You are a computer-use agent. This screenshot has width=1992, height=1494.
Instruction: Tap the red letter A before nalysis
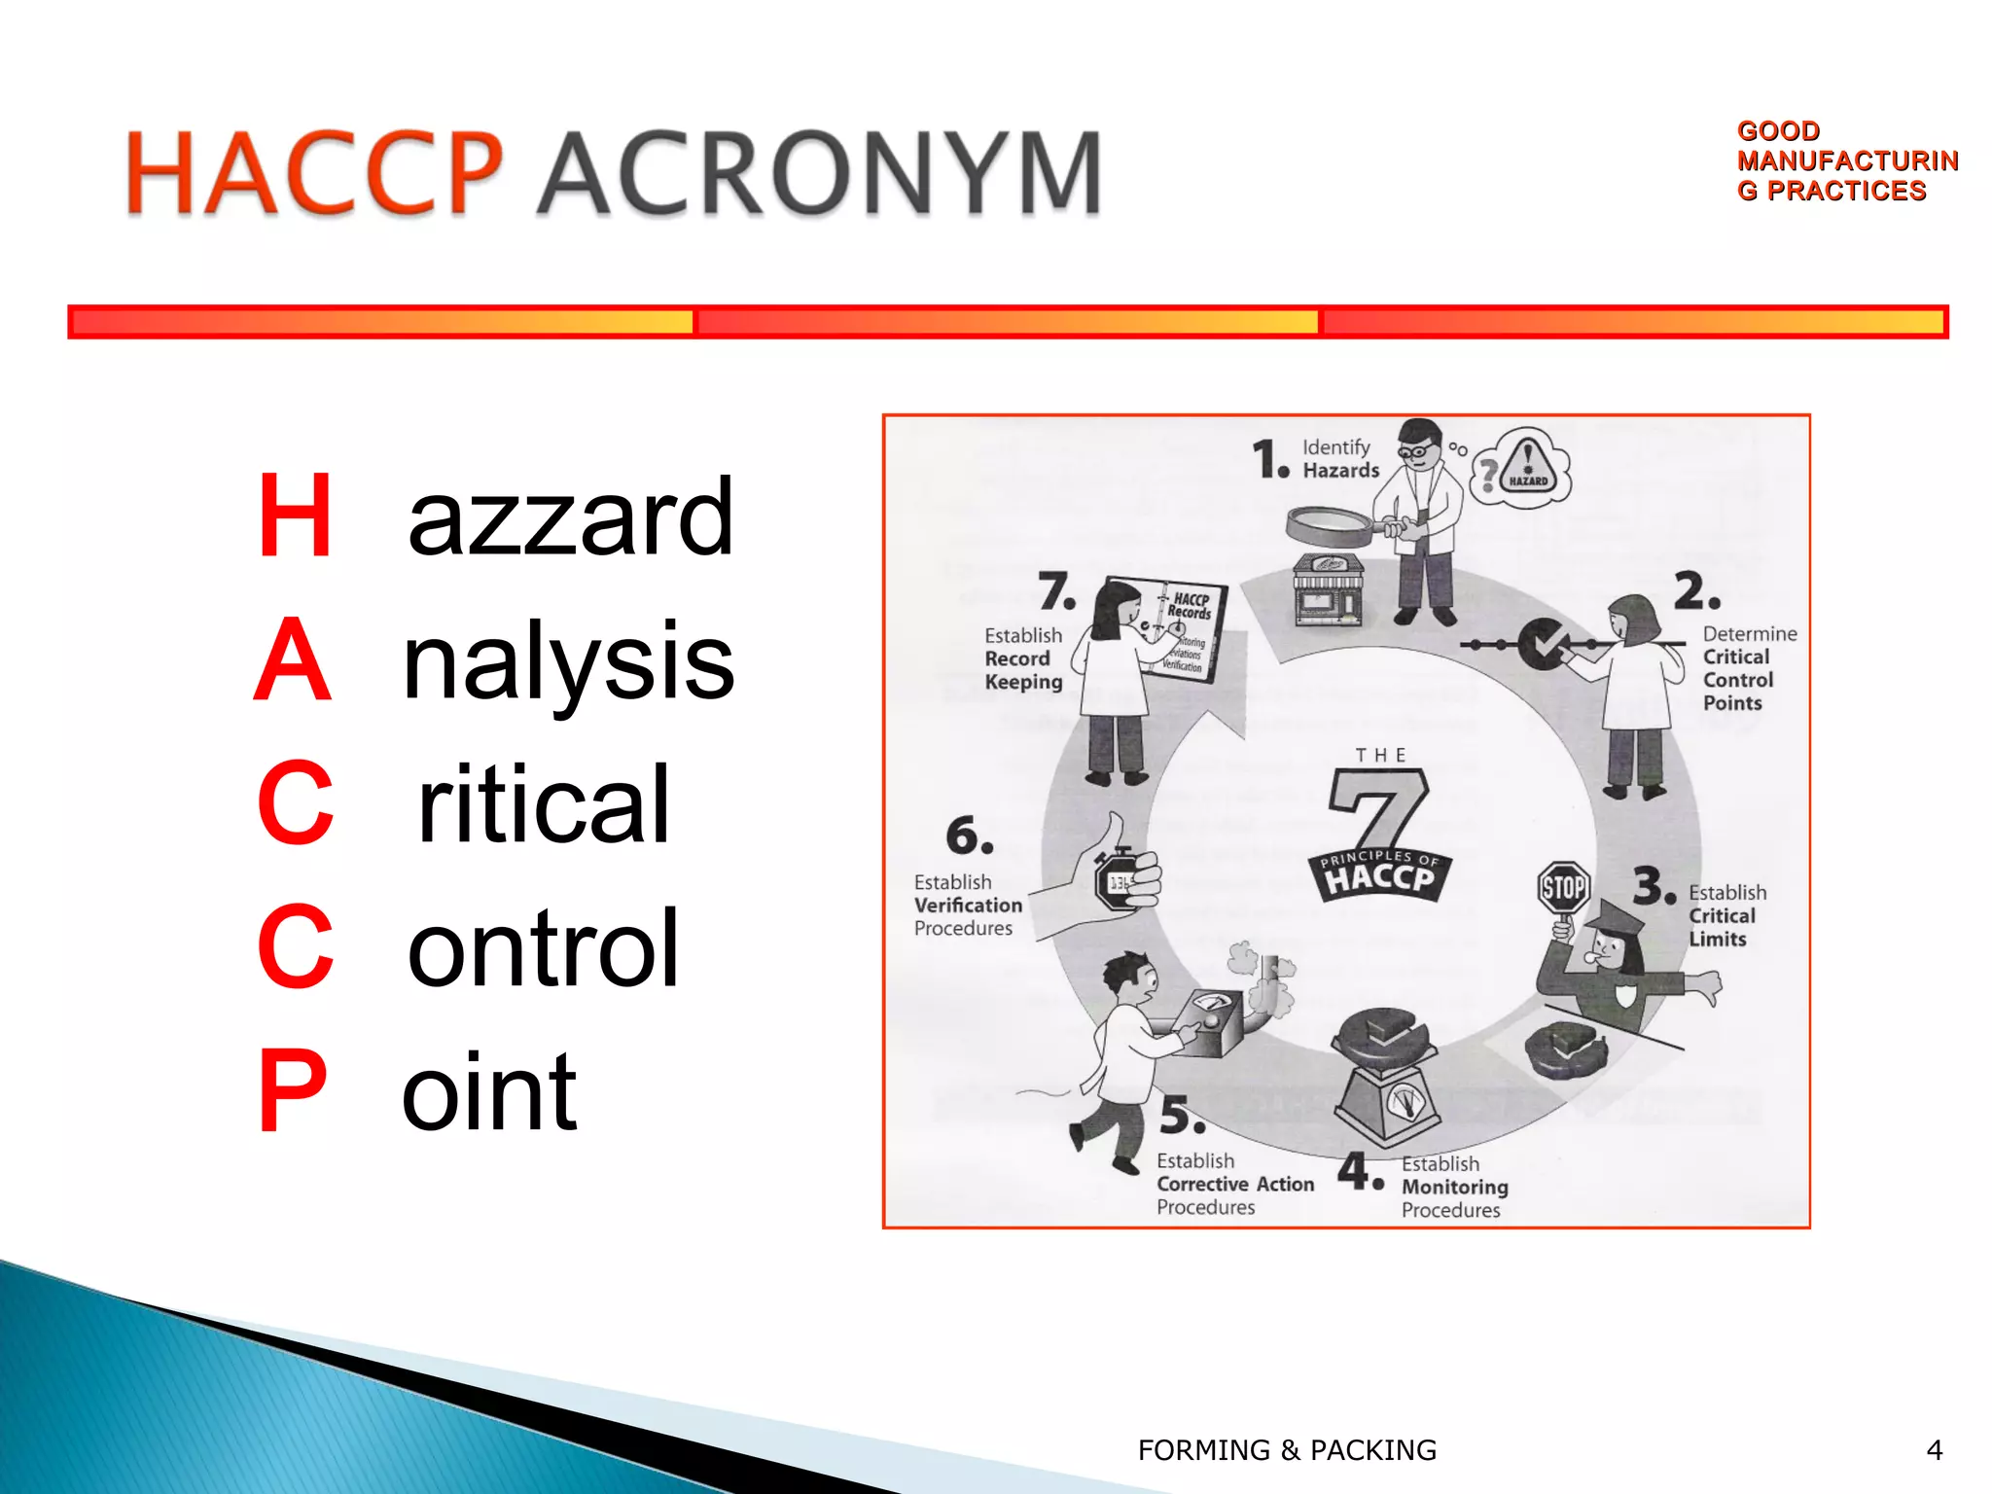[292, 660]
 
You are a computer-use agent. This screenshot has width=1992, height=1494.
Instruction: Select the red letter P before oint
[292, 1091]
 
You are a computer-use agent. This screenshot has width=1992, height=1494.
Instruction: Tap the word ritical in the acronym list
[543, 804]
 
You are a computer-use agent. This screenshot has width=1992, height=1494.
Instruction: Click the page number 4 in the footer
[1934, 1450]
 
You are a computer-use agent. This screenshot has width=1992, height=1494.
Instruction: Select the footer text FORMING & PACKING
[1287, 1450]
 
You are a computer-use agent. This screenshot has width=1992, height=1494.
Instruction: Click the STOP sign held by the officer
[1563, 887]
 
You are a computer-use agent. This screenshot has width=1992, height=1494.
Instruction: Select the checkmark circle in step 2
[1542, 644]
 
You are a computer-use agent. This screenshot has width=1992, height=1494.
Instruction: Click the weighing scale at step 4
[1385, 1080]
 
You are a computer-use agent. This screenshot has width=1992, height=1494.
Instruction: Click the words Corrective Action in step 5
[1234, 1184]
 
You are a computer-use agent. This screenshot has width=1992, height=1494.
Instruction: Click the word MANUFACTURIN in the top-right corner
[1847, 160]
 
